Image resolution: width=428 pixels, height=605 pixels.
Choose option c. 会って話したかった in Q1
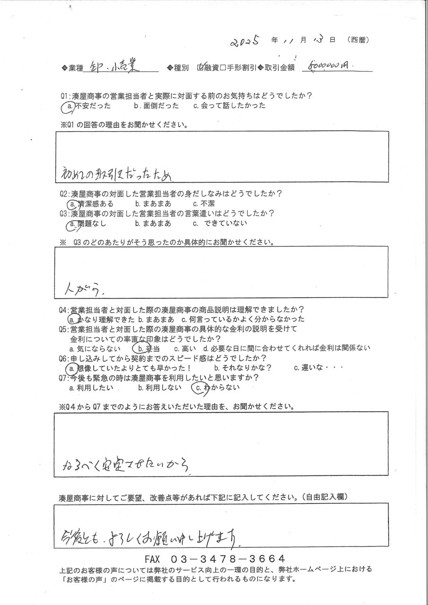tap(229, 106)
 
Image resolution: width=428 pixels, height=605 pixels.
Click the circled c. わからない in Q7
tap(215, 388)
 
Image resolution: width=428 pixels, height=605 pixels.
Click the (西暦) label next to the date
tap(358, 40)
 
